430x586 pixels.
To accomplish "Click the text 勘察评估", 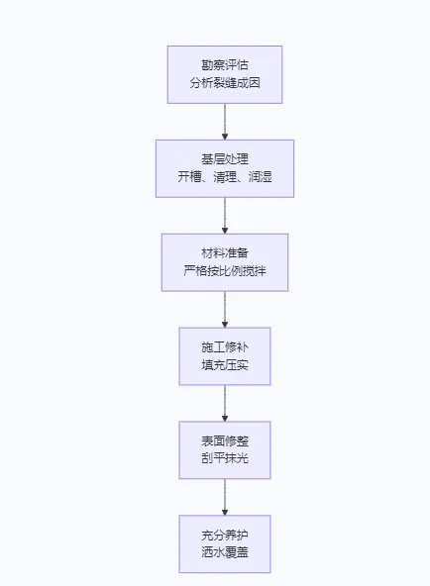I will click(x=225, y=64).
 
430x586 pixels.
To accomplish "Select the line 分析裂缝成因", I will click(x=225, y=83).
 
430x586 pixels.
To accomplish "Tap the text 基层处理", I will click(x=225, y=158).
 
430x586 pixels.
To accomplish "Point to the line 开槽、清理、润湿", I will click(x=225, y=177).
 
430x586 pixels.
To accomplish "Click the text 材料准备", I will click(x=225, y=252).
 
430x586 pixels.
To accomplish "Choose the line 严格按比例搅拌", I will click(x=225, y=271).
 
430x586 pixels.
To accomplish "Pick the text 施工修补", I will click(x=225, y=346).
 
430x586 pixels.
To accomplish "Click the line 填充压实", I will click(x=225, y=365).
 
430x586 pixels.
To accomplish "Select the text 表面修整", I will click(x=225, y=440).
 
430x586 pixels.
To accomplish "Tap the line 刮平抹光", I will click(x=225, y=459).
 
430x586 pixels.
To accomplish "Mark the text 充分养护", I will click(x=225, y=535).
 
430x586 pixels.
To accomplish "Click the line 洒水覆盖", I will click(x=225, y=553).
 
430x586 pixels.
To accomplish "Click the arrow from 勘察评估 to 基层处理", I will click(x=225, y=121).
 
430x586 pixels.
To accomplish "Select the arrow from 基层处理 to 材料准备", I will click(x=225, y=215).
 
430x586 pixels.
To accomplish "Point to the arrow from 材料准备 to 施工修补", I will click(x=225, y=309).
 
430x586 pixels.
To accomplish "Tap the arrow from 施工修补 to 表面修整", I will click(x=225, y=403).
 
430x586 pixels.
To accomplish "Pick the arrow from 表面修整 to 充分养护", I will click(x=225, y=497).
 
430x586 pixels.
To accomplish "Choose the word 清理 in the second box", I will click(x=225, y=177).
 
